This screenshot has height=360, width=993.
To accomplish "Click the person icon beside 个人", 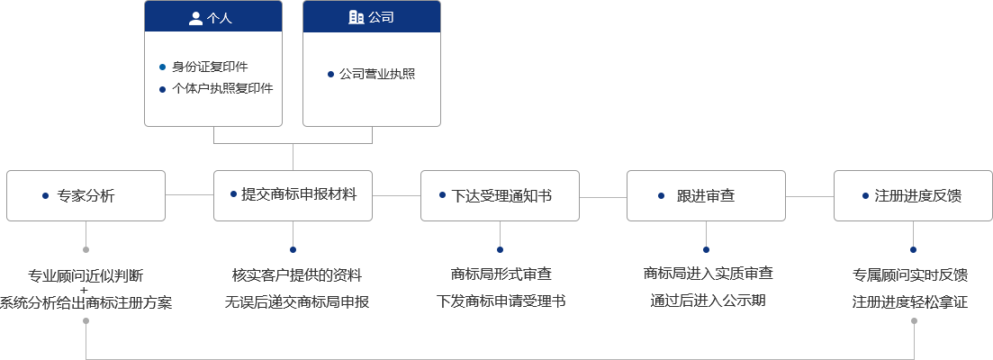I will pyautogui.click(x=196, y=17).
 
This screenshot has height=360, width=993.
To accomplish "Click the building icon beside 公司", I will pyautogui.click(x=356, y=17).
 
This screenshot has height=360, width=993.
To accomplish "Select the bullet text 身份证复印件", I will pyautogui.click(x=210, y=67).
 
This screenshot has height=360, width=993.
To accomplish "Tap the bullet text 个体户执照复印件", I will pyautogui.click(x=222, y=88).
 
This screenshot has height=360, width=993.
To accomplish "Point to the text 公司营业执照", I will pyautogui.click(x=377, y=74).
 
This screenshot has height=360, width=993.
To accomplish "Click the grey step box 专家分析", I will pyautogui.click(x=86, y=194).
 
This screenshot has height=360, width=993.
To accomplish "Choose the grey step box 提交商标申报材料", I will pyautogui.click(x=292, y=194).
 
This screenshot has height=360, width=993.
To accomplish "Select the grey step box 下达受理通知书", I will pyautogui.click(x=499, y=194).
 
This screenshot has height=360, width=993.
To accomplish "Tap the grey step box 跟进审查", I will pyautogui.click(x=706, y=194).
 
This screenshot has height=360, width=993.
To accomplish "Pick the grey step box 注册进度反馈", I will pyautogui.click(x=912, y=194).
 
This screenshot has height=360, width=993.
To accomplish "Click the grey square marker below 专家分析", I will pyautogui.click(x=86, y=249).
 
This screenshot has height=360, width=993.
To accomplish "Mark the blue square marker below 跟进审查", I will pyautogui.click(x=706, y=249).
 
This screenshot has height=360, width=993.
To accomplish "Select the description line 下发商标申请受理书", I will pyautogui.click(x=501, y=301).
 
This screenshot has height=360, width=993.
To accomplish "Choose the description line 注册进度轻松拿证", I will pyautogui.click(x=909, y=301).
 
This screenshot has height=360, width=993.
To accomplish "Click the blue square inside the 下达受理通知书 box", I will pyautogui.click(x=442, y=194).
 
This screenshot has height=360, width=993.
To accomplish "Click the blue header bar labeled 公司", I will pyautogui.click(x=372, y=17).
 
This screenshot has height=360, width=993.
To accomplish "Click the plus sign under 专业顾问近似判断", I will pyautogui.click(x=84, y=289).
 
